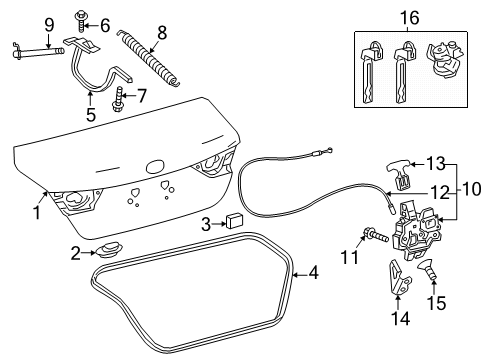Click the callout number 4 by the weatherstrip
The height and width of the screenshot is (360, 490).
(x=314, y=271)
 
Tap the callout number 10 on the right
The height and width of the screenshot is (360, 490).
(x=471, y=187)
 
